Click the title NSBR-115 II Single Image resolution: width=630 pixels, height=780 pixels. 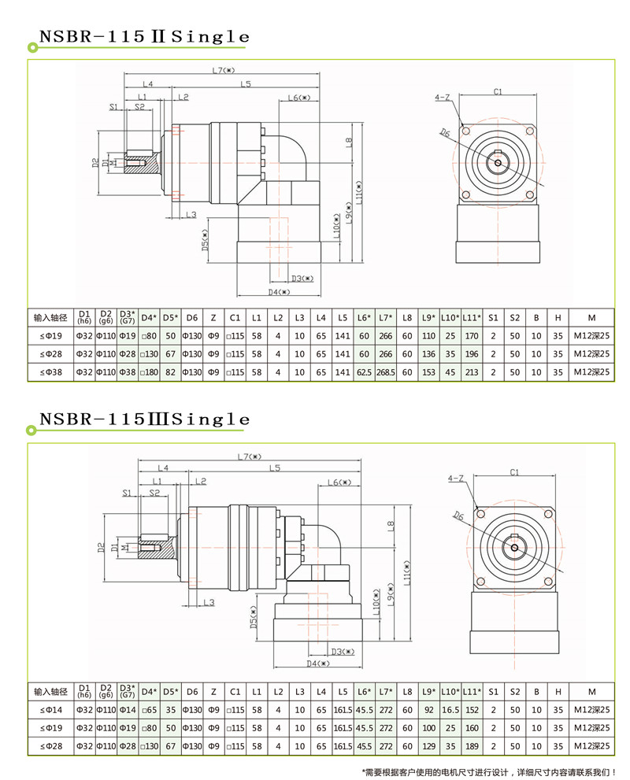coord(144,37)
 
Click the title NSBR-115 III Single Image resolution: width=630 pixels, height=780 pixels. coord(144,419)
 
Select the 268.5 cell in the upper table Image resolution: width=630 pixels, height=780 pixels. coord(386,372)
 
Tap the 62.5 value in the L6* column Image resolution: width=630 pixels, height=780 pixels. coord(364,372)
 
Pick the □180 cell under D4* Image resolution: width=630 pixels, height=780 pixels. coord(149,372)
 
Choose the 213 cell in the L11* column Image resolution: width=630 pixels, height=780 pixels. coord(472,372)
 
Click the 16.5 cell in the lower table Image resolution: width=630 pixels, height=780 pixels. coord(450,710)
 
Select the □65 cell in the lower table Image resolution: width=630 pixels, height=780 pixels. coord(149,710)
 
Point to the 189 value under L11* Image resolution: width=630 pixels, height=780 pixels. coord(472,746)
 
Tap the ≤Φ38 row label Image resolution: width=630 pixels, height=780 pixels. coord(50,372)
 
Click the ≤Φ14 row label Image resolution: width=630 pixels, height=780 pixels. coord(50,710)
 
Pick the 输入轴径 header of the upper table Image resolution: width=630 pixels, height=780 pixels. coord(50,318)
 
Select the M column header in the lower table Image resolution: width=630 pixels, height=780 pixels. coord(591,692)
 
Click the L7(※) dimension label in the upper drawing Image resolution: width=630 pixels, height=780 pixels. coord(223,70)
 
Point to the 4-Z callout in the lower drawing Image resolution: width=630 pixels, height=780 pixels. coord(455,479)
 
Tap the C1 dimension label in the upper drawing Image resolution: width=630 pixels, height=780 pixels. coord(498,91)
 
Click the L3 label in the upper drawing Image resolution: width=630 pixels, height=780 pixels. coord(191,215)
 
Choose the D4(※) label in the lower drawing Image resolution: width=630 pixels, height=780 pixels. coord(317,664)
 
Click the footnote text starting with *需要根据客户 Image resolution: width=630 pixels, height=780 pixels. coord(489,772)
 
